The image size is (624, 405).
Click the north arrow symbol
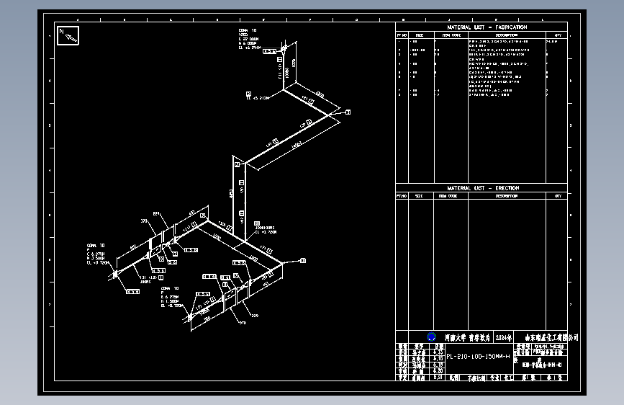(68, 35)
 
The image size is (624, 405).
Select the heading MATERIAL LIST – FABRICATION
(481, 27)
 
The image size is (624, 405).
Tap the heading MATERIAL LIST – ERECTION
(481, 188)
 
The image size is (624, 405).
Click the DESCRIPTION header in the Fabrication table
(506, 34)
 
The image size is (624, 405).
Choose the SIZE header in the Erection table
(420, 195)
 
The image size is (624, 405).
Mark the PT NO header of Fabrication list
(402, 34)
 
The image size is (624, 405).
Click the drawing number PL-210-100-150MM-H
(479, 357)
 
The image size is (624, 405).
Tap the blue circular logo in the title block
(431, 337)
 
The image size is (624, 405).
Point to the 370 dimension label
(242, 323)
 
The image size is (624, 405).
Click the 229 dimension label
(254, 315)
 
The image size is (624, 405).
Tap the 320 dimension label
(144, 221)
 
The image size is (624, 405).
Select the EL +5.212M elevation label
(260, 97)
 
